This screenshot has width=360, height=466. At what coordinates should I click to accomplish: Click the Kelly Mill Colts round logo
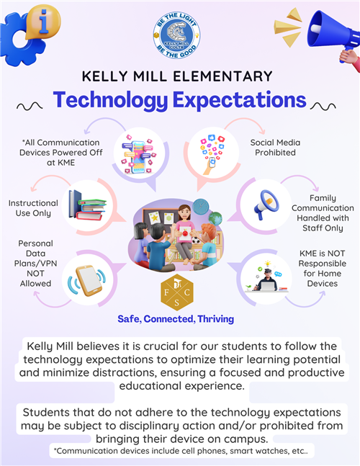tap(176, 35)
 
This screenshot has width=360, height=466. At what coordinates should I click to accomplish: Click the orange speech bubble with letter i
tap(43, 22)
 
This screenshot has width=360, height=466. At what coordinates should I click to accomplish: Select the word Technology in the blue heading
tap(110, 100)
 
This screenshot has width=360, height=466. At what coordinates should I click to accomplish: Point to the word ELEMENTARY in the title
tap(222, 76)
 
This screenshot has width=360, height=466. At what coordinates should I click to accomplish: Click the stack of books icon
tap(87, 205)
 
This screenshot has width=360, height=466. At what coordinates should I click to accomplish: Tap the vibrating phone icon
tap(87, 280)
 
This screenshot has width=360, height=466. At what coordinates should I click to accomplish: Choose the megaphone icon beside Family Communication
tap(266, 205)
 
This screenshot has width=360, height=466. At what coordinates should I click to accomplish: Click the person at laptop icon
tap(266, 277)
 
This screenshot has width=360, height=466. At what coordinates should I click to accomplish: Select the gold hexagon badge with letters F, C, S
tap(177, 292)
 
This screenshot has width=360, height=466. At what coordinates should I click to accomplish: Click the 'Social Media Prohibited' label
tap(275, 148)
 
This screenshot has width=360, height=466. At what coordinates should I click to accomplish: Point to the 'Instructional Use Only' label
tap(33, 208)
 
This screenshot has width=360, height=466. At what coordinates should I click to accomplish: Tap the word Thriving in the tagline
tap(216, 319)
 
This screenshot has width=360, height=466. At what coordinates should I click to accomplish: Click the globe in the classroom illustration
tap(215, 218)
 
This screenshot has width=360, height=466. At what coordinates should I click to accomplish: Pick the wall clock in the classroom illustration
tap(201, 207)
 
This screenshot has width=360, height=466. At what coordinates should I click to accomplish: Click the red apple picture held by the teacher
tap(185, 233)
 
